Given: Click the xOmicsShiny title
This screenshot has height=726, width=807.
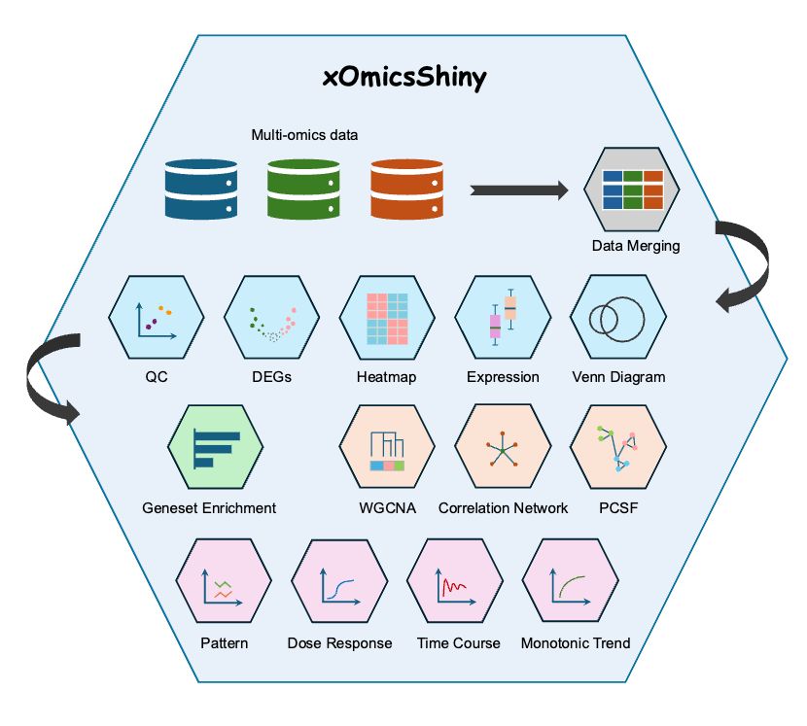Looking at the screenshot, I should [x=403, y=79].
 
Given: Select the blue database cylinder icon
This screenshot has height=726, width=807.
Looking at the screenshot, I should [x=201, y=190].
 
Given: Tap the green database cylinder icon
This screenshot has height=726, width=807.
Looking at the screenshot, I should [x=302, y=190].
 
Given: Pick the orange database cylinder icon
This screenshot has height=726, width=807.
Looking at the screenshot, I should [x=405, y=190].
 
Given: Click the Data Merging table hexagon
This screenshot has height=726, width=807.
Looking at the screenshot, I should [x=632, y=190].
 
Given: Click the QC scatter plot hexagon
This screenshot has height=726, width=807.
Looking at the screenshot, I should [x=157, y=318].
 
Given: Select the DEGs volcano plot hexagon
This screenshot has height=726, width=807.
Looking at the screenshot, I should [x=271, y=318].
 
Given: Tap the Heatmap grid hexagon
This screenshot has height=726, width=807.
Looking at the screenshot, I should [x=387, y=318].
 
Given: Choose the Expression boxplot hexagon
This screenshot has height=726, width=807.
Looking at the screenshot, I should [x=503, y=318].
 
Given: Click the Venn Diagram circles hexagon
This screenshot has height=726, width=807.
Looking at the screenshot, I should [x=618, y=318].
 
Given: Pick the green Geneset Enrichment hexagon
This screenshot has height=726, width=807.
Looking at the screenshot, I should [x=215, y=447].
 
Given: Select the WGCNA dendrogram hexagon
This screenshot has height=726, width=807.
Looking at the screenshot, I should [x=387, y=447].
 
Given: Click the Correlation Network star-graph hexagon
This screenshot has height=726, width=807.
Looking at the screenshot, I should [x=503, y=447].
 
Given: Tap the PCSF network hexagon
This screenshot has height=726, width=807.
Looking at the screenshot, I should [x=618, y=447].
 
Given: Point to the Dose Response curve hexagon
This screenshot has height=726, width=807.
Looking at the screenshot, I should [x=339, y=583].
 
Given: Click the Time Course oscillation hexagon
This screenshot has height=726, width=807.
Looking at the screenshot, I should [x=455, y=583].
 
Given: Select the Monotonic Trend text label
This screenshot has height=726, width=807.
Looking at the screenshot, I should [x=576, y=643].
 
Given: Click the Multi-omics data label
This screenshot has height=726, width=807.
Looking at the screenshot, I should [x=304, y=135].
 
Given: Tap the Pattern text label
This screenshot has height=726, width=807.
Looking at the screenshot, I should [x=225, y=643].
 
